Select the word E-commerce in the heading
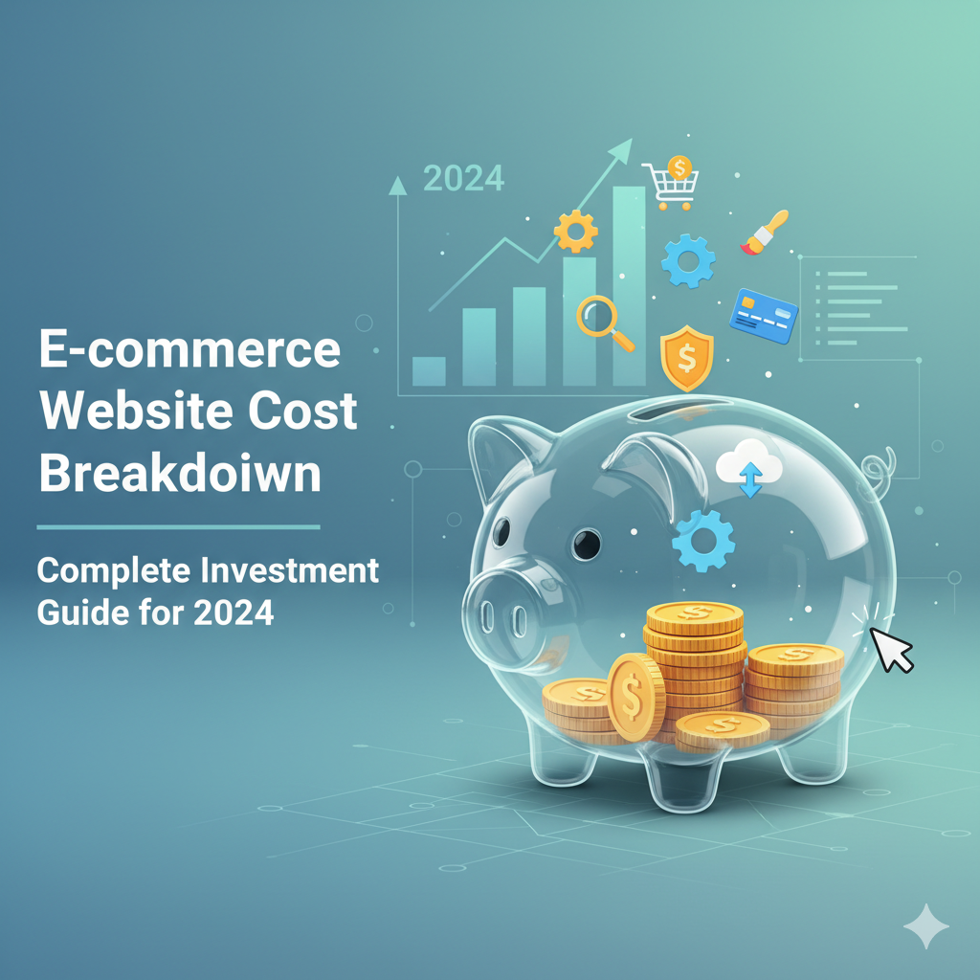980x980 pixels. click(x=189, y=350)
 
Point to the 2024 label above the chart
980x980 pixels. click(x=463, y=178)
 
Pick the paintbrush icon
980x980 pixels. click(x=765, y=233)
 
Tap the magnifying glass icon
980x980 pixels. click(x=604, y=323)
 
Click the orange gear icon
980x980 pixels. click(x=576, y=231)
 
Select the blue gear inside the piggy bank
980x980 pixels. click(x=703, y=542)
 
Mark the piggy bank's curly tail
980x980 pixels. click(x=877, y=468)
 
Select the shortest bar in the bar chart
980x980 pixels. click(x=429, y=370)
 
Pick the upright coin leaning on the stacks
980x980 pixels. click(x=635, y=698)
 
